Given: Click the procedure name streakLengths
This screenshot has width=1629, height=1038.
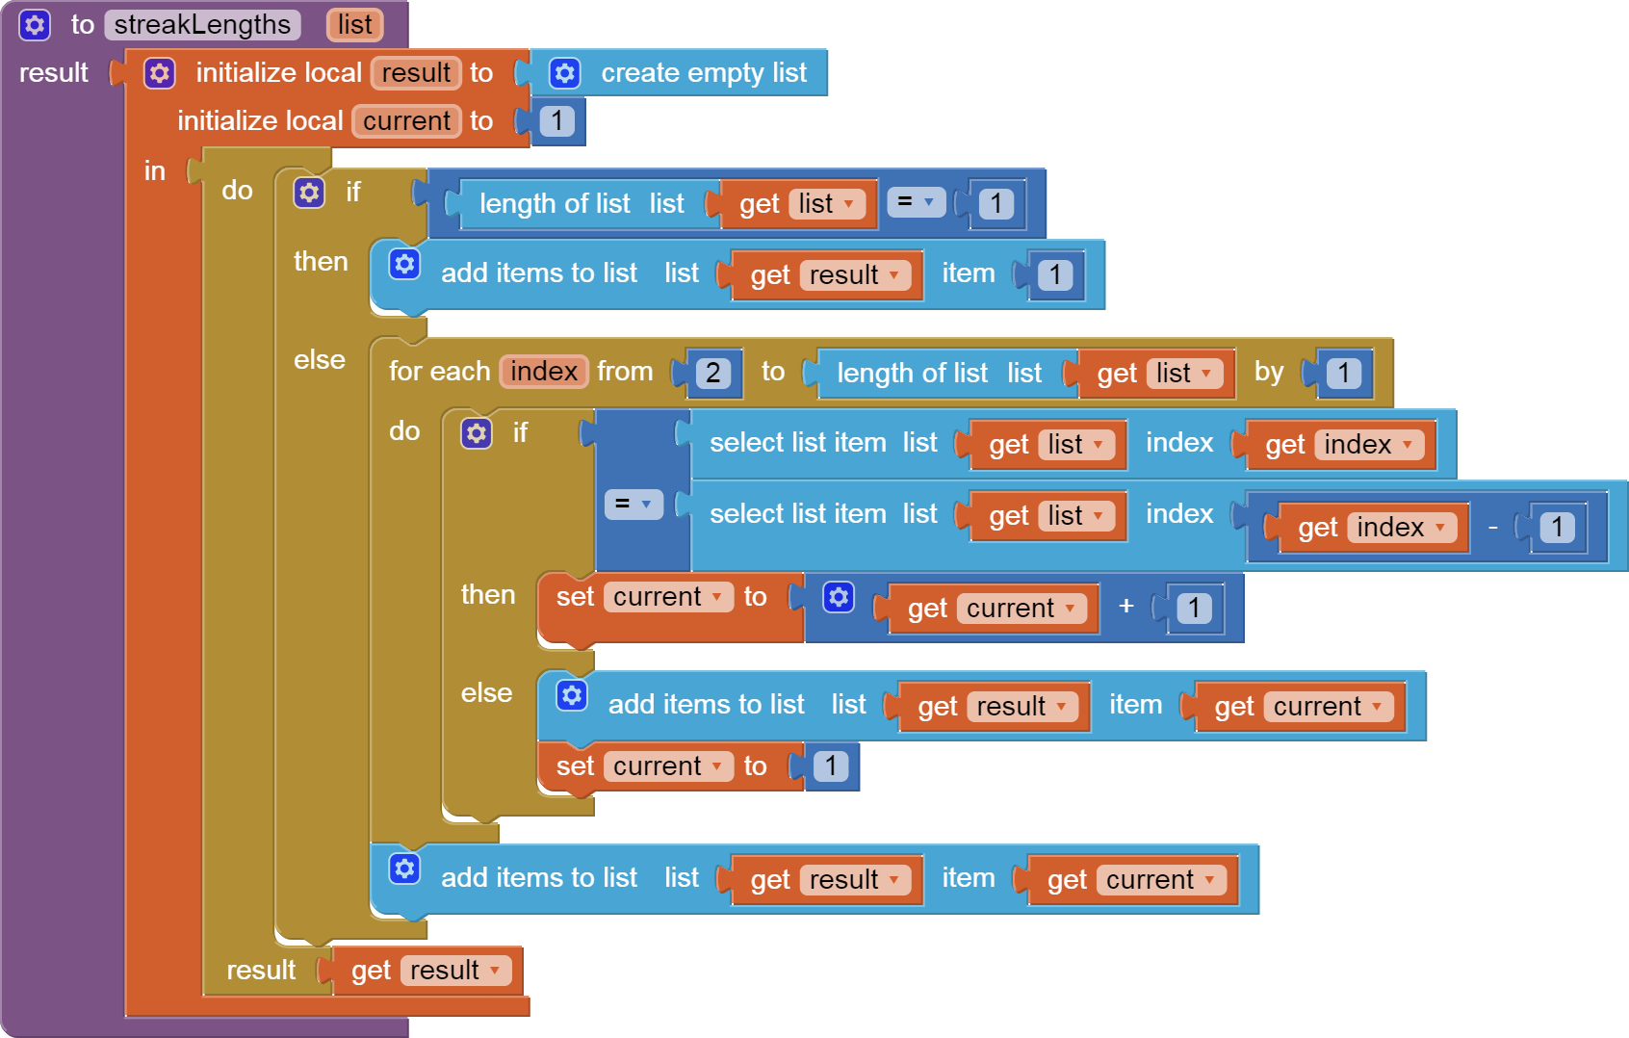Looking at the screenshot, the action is tap(202, 25).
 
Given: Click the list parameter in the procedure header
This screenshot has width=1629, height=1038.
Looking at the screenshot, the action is tap(354, 25).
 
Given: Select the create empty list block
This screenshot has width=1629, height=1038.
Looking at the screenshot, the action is tap(703, 73).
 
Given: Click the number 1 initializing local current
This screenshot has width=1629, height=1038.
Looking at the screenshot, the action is tap(556, 121).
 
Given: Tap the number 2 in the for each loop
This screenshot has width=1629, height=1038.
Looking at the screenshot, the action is tap(712, 374).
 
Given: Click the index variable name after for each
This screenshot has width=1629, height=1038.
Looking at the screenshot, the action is tap(543, 372).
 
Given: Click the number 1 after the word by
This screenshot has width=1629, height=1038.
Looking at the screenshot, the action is tap(1343, 374).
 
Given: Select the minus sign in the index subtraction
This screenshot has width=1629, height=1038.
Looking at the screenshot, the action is tap(1492, 528).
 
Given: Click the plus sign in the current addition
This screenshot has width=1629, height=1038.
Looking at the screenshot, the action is tap(1125, 607).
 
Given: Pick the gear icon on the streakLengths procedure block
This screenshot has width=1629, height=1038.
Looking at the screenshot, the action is tap(35, 25).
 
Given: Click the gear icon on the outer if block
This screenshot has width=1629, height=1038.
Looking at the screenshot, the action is tap(309, 193).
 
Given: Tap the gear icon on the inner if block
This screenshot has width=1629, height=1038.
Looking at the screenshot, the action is tap(477, 433).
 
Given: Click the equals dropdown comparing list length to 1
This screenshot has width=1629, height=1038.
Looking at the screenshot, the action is tap(915, 202).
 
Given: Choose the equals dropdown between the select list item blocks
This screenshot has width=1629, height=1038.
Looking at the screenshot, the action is tap(633, 504).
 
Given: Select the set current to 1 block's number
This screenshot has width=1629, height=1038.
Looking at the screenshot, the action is tap(830, 766).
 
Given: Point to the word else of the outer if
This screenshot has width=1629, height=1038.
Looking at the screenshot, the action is tap(319, 360).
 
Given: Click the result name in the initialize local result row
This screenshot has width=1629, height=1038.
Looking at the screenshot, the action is tap(416, 73).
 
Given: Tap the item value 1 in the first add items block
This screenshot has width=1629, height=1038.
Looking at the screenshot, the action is tap(1055, 275).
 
